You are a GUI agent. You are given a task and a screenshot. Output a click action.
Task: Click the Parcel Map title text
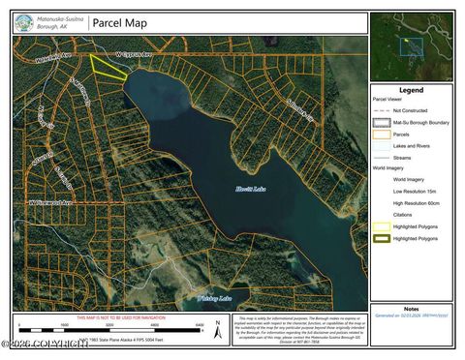point(119,23)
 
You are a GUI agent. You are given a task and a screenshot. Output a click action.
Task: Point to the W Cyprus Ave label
point(133,55)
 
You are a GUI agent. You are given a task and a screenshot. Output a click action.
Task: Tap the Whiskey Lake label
point(212,298)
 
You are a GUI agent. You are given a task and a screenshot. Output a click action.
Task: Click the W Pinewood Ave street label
point(52,202)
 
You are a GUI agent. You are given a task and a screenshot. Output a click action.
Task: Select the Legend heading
point(411,90)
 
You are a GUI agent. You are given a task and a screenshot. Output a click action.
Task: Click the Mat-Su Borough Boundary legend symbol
point(383,123)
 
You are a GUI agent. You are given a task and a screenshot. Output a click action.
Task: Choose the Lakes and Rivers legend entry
point(411,146)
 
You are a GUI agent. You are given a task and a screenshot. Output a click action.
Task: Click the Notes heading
point(411,309)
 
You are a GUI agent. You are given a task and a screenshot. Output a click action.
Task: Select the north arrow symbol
point(216,329)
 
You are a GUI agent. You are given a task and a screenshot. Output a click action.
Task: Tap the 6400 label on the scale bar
point(200,325)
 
